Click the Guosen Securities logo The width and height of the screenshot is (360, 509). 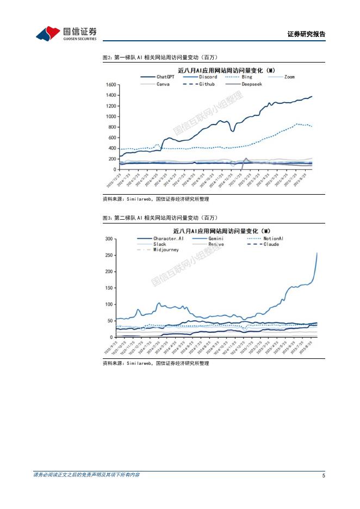(66, 33)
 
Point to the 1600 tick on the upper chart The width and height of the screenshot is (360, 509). (110, 85)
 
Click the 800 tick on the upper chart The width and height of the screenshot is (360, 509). (112, 127)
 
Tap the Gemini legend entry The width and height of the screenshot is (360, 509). (214, 238)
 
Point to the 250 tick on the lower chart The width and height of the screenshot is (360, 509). (109, 256)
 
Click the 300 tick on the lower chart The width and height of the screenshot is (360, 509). (109, 239)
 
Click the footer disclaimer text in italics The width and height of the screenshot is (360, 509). (86, 475)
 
